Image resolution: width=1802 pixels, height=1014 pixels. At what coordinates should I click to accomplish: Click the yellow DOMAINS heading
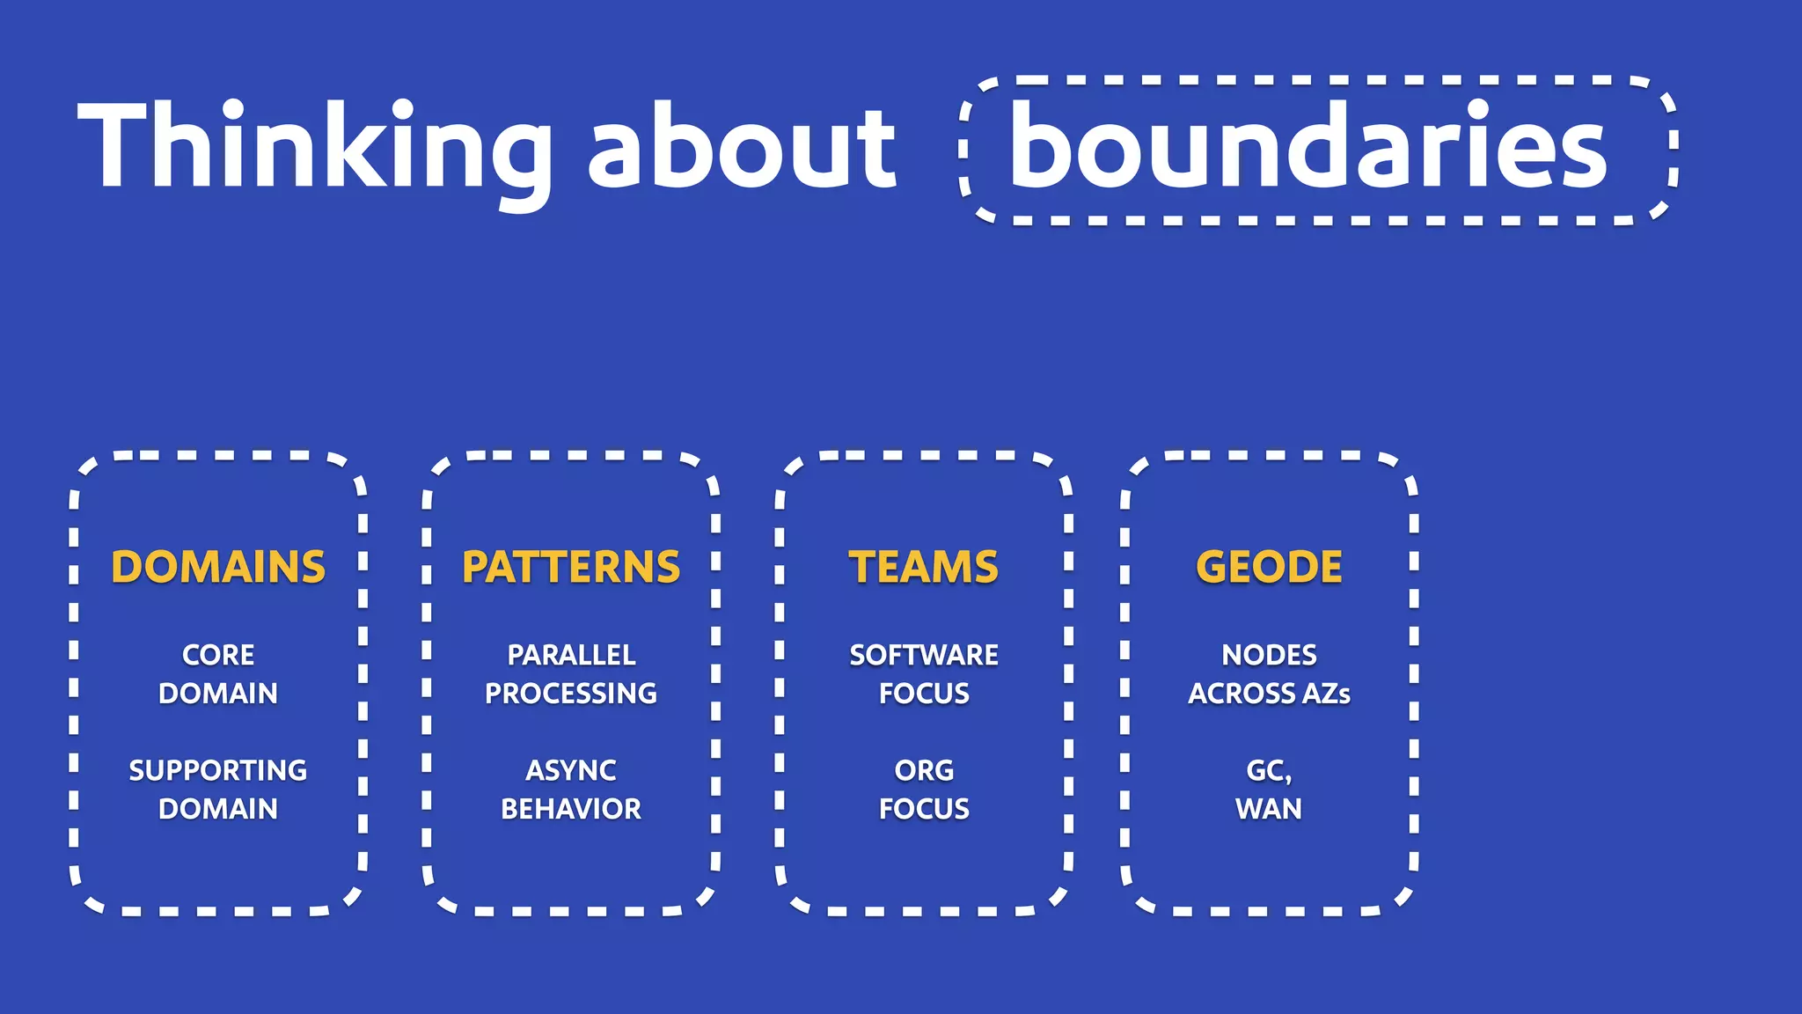tap(218, 567)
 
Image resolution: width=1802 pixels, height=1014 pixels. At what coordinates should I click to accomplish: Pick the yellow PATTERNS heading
tap(571, 567)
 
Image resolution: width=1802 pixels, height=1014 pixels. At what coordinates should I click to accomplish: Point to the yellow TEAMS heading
tap(924, 567)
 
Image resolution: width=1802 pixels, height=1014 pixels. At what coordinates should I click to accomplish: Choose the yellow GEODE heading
tap(1269, 567)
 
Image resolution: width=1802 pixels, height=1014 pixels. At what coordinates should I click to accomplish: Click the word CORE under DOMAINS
tap(218, 655)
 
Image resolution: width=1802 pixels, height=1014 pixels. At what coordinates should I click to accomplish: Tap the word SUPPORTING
tap(218, 770)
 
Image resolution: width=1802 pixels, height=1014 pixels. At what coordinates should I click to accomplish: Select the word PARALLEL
tap(571, 655)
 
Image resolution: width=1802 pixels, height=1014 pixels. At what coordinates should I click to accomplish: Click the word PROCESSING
tap(571, 694)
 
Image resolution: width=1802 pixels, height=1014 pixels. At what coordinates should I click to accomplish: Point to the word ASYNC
tap(571, 770)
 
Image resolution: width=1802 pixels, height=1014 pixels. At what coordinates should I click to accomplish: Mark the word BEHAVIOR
tap(571, 809)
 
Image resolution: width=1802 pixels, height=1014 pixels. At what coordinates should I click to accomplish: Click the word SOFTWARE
tap(924, 655)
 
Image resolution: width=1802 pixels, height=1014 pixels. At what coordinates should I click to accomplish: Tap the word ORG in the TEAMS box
tap(924, 770)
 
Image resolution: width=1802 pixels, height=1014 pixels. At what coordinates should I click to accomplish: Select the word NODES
tap(1269, 655)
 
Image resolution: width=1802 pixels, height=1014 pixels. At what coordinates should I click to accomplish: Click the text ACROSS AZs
tap(1269, 694)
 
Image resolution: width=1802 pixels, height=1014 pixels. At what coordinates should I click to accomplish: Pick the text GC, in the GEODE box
tap(1269, 771)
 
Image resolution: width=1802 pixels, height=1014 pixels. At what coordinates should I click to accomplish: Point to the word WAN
tap(1269, 809)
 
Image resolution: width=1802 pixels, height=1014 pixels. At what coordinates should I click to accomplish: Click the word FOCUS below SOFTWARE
tap(924, 694)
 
